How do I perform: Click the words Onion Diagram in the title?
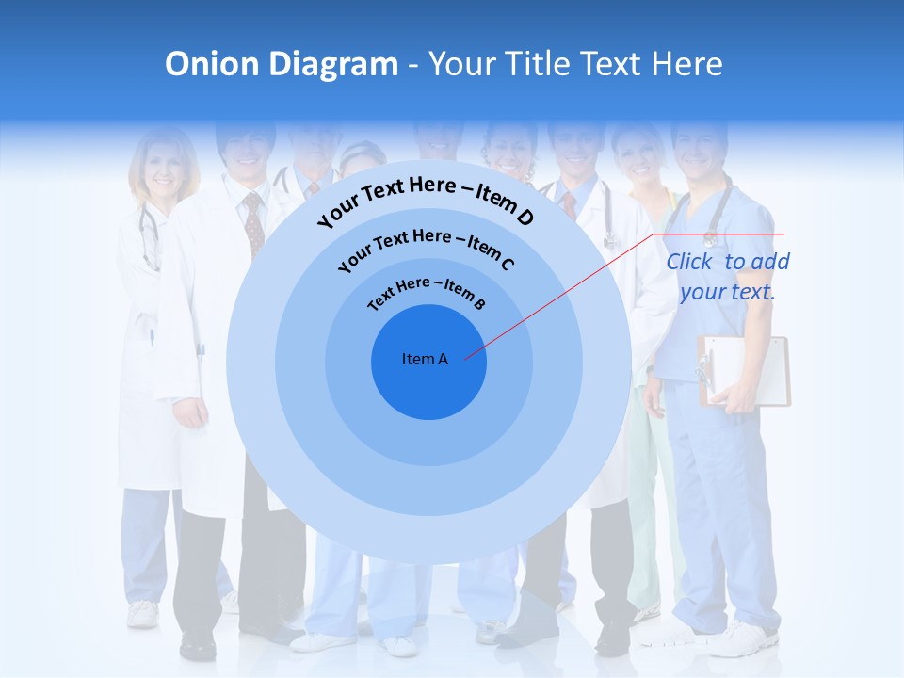(282, 64)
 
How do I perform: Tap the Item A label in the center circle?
(425, 359)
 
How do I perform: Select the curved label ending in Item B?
(427, 291)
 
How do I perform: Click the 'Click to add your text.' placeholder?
(728, 277)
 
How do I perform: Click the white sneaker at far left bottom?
(143, 614)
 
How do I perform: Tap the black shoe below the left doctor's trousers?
(198, 645)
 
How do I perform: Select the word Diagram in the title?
(334, 64)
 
